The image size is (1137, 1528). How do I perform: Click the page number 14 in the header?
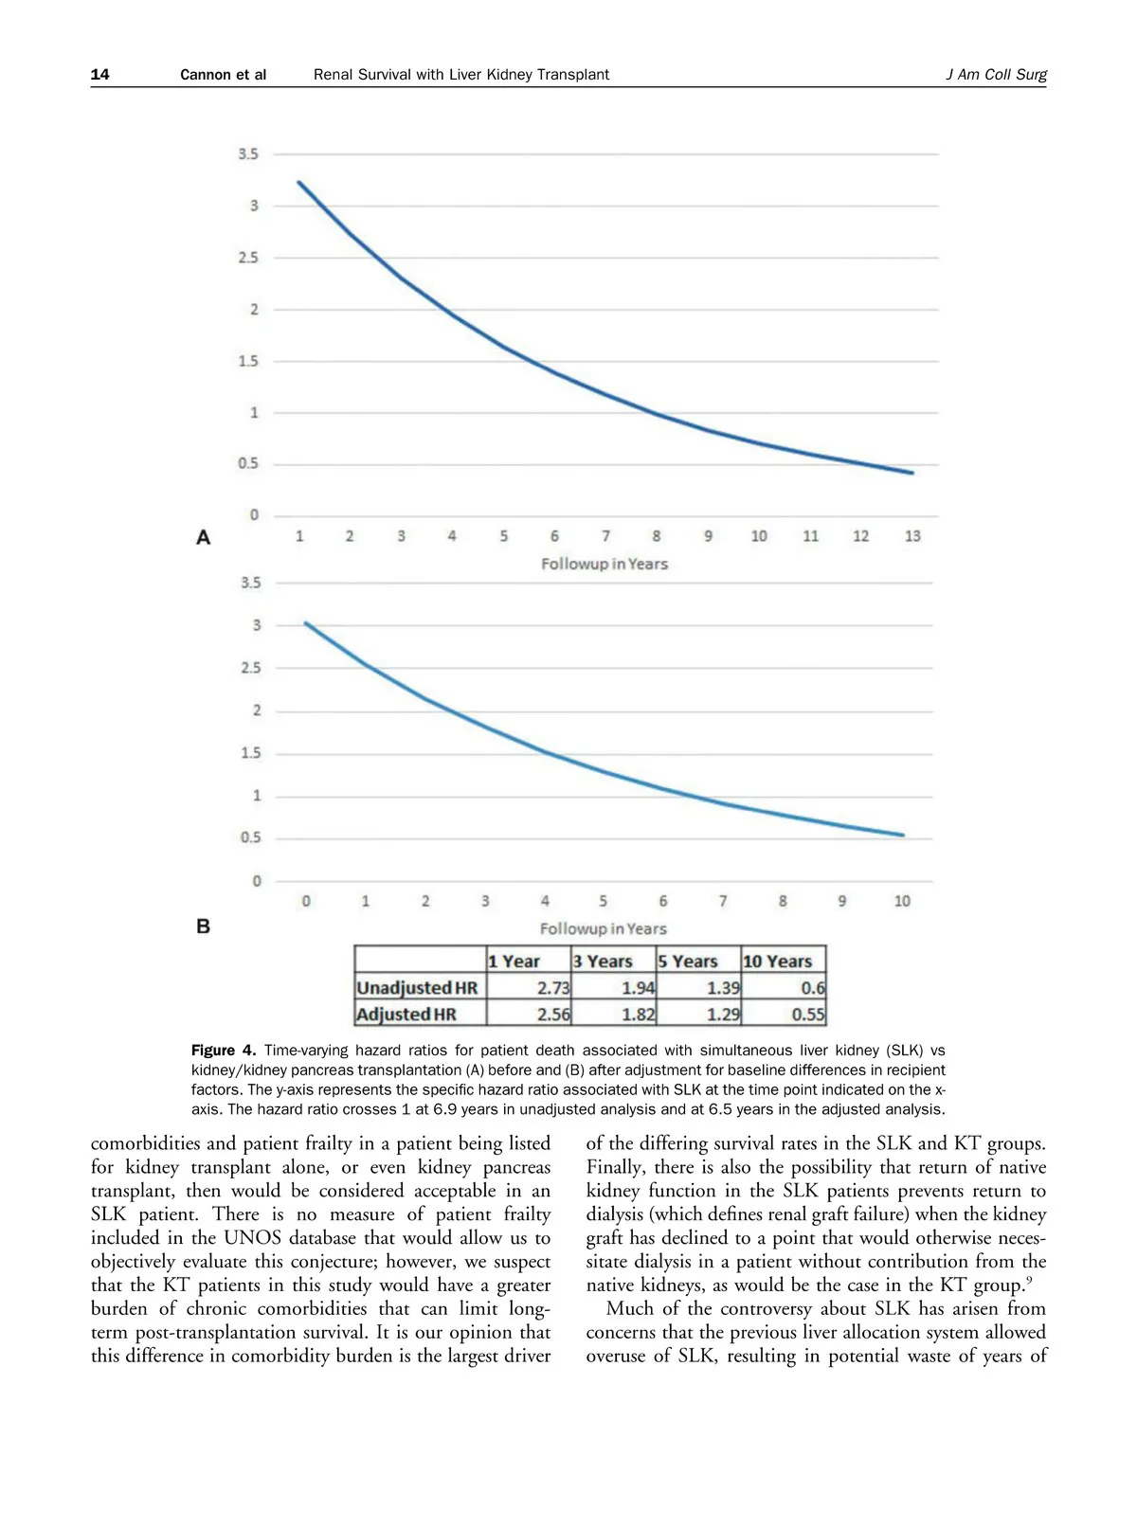(100, 75)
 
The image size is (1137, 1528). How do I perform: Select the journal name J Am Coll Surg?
(996, 75)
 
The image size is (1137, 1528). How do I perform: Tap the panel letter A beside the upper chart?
(203, 538)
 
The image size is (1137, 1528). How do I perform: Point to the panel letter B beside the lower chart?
(203, 926)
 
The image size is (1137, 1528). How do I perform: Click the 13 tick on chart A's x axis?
(912, 536)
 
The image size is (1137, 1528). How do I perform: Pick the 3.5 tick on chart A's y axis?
(248, 154)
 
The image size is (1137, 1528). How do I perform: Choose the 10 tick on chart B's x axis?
(902, 901)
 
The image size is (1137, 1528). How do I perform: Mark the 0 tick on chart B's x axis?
(306, 901)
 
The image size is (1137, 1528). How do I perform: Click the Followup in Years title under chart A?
(605, 564)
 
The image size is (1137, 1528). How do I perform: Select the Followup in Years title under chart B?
(604, 928)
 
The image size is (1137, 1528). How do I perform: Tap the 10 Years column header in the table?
(778, 962)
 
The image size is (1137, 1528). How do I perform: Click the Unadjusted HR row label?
(418, 988)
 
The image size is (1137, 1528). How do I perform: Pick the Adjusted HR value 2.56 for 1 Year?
(553, 1015)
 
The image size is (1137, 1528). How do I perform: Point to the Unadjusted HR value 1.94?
(638, 988)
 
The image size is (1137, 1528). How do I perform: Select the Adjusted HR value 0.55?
(808, 1015)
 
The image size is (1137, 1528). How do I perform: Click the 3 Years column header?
(603, 962)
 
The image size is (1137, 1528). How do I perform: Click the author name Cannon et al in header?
(224, 75)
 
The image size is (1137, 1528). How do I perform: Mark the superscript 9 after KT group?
(1029, 1281)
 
